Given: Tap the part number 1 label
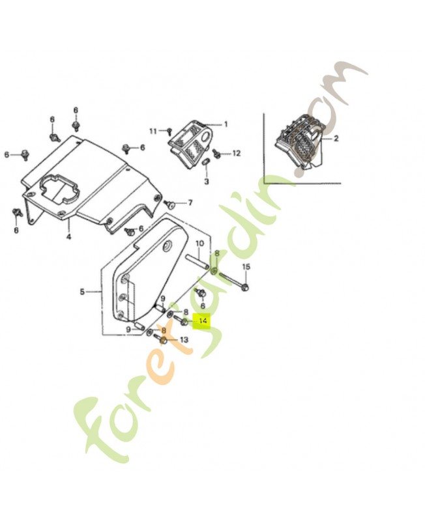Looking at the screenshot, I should point(226,124).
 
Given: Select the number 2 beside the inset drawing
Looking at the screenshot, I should point(336,139).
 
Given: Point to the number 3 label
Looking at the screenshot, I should point(206,181).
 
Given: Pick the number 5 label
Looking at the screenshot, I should point(82,292).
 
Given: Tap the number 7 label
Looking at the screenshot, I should point(190,203).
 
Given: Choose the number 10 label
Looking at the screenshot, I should point(199,244).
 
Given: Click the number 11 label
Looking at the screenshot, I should point(153,131).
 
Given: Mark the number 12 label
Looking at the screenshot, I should point(236,153).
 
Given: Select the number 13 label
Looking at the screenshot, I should point(184,340).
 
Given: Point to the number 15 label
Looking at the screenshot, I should point(246,268).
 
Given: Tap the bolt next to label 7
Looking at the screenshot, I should point(171,204).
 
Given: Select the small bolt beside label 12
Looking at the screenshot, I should point(217,154).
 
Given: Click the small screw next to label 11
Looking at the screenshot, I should point(169,132).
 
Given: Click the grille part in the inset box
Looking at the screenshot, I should point(300,142).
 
